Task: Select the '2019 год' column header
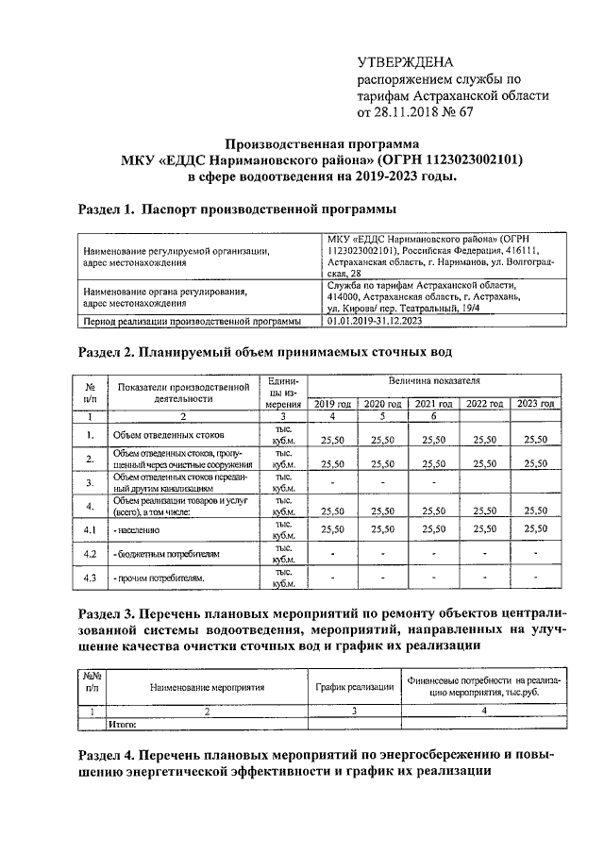(332, 403)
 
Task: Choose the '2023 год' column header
(535, 403)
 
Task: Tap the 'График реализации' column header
(354, 687)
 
